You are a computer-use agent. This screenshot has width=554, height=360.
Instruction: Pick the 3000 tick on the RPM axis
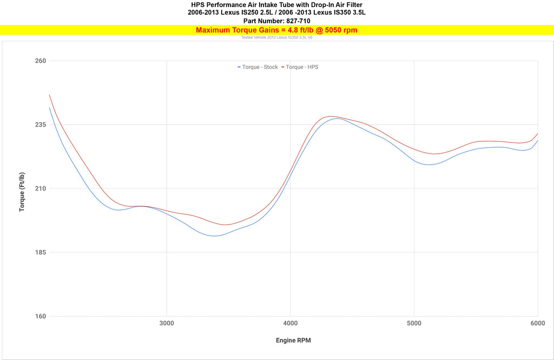(167, 323)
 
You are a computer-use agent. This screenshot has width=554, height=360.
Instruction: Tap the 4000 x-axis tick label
(291, 323)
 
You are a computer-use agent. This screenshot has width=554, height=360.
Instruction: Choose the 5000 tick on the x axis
(414, 323)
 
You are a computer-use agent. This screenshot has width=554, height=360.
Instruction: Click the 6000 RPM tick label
(537, 323)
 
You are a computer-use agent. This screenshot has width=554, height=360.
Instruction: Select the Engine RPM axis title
(293, 341)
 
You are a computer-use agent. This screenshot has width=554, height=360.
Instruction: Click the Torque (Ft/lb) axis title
(22, 188)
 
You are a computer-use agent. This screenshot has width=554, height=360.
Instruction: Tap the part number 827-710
(295, 21)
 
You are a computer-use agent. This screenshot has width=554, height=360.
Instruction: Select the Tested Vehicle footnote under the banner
(276, 37)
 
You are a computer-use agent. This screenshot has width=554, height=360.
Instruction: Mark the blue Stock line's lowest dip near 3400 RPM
(215, 236)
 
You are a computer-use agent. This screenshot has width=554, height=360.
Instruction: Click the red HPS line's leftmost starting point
(49, 95)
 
